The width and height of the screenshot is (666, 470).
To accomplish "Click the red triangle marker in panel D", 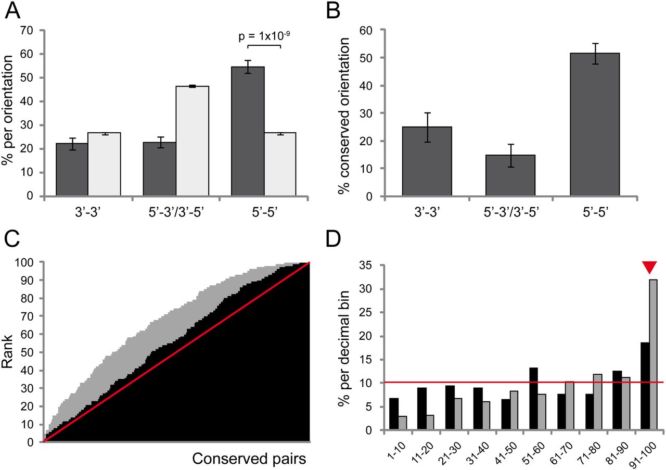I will click(648, 267).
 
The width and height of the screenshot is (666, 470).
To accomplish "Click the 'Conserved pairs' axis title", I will click(249, 459).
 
